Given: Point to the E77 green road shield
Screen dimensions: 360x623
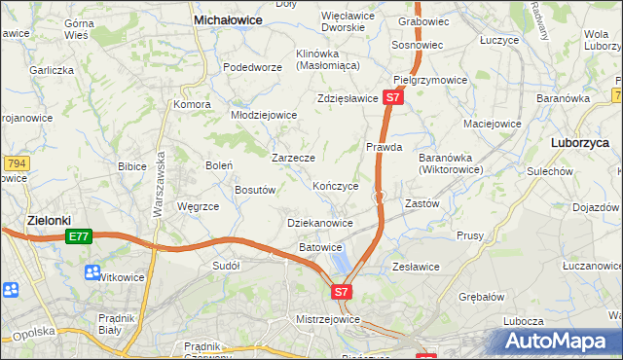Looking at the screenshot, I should pos(79,236).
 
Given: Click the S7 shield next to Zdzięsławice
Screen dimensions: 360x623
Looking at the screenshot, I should pos(391,98).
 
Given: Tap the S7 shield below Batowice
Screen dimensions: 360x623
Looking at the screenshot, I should pos(341,291).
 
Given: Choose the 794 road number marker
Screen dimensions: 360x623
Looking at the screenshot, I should pos(14,163).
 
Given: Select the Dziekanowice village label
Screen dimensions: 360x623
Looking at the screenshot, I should pos(320,223).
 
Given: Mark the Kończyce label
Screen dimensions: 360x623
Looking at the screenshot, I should pos(336,186).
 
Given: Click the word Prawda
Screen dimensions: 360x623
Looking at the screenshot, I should pos(384,148).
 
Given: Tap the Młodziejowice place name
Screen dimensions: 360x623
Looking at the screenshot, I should pos(263,115).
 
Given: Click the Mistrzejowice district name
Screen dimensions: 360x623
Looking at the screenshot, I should pos(328,319).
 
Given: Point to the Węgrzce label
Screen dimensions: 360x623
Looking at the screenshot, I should pos(198,206).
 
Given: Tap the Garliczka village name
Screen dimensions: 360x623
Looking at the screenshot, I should pos(52,70).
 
